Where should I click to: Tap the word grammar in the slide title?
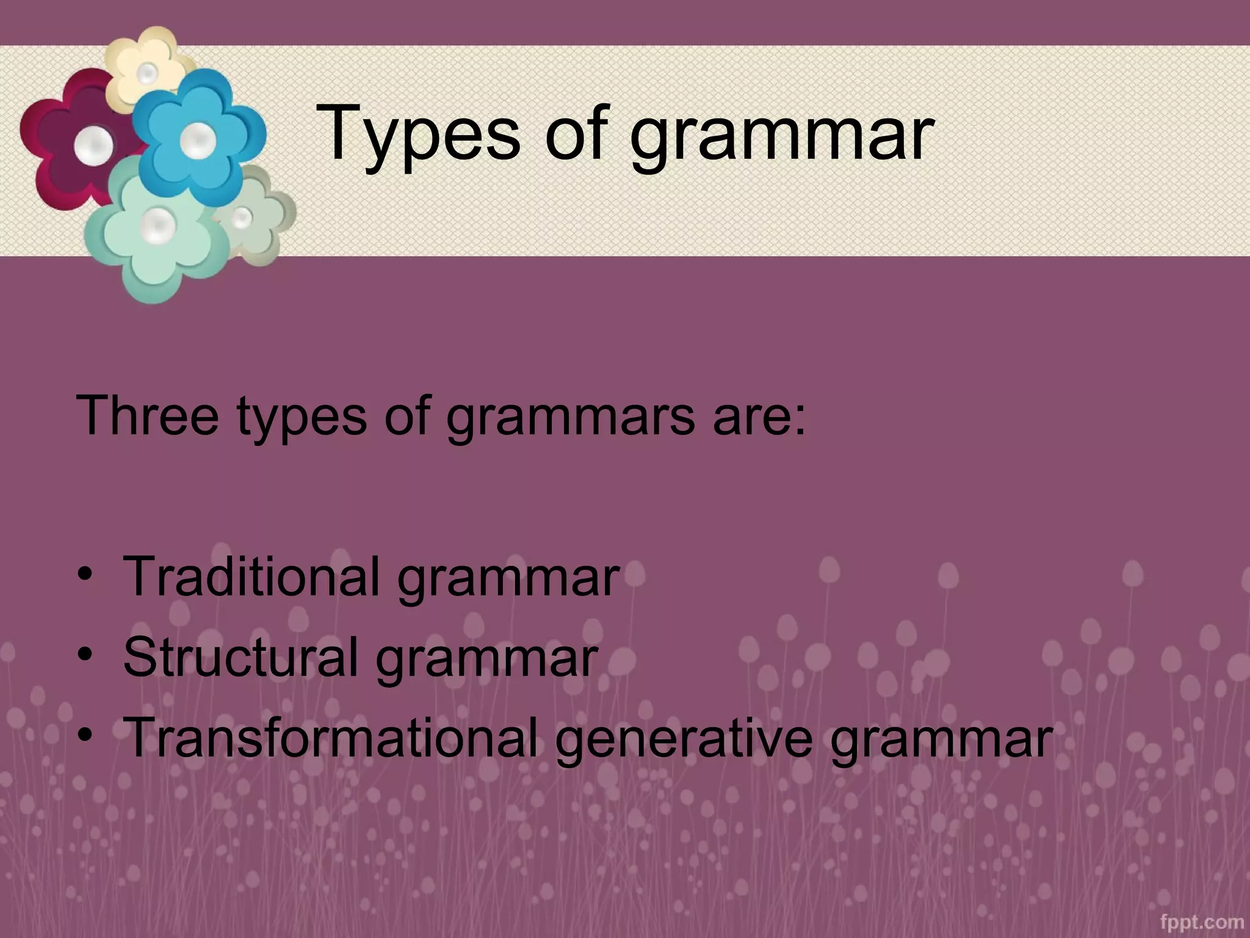(781, 137)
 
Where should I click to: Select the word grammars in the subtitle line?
(571, 418)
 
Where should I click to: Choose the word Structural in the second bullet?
(240, 656)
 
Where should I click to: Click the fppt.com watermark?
(1201, 922)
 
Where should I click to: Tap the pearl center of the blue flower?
(198, 140)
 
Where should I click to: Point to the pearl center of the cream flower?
(147, 74)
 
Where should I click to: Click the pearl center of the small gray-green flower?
(242, 217)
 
